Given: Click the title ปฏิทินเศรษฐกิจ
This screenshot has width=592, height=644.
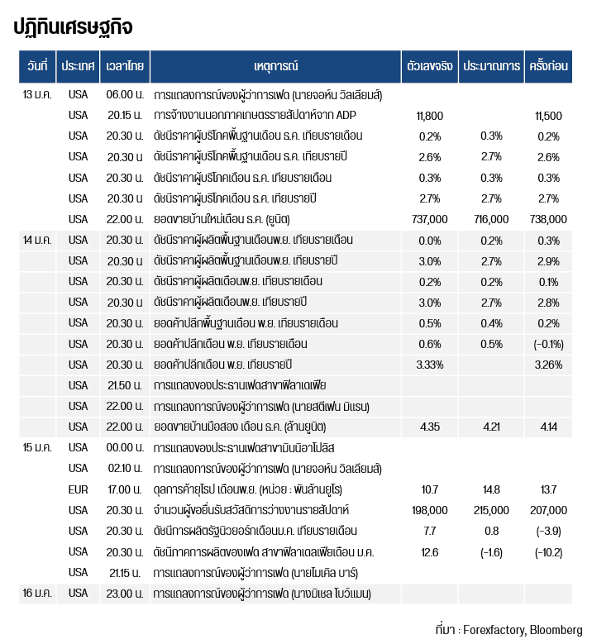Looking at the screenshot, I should pos(73,26).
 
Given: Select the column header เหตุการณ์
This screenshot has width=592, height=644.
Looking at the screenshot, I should pos(276,65).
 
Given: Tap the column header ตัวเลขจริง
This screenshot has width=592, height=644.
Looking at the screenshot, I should pos(429,65).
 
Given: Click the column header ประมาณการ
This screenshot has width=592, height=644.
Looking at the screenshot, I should pos(491,65).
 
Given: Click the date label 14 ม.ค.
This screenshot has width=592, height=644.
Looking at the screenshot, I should pos(38,240).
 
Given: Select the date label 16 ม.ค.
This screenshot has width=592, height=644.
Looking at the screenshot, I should pos(38,593).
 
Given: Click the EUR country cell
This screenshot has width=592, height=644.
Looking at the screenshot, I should pos(78,489).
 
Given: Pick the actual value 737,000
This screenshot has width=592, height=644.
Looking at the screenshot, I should pos(429,219).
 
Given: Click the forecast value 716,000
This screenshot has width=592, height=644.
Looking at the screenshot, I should pos(491,219).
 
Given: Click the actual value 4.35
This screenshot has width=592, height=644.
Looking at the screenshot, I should pos(429,427).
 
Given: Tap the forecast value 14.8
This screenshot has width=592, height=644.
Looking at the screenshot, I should pos(491,489).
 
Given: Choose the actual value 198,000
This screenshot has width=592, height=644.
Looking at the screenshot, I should pos(429,510).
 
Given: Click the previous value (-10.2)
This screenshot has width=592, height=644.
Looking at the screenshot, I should pos(549,551).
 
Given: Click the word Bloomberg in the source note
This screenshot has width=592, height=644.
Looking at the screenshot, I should pos(556,629).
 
